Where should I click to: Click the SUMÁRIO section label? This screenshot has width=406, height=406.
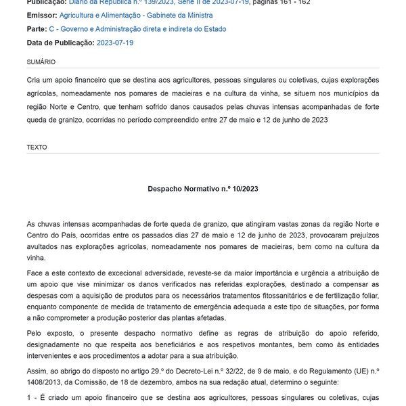(x=41, y=62)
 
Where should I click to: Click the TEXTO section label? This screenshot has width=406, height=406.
(x=37, y=146)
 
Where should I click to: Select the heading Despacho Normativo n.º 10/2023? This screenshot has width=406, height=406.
(x=202, y=189)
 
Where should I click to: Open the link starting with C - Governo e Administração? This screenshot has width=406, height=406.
(x=137, y=29)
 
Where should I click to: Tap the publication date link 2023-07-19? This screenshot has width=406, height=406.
(x=115, y=43)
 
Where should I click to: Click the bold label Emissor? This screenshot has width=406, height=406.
(x=42, y=15)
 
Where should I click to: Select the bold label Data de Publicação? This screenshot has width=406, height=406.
(x=60, y=43)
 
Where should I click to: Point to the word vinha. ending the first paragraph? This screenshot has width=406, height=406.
(x=37, y=257)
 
